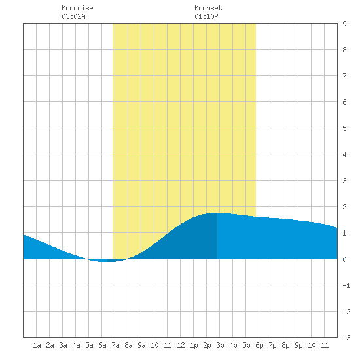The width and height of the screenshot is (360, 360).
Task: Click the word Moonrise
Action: (x=77, y=8)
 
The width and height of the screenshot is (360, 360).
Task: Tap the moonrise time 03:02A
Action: (x=73, y=16)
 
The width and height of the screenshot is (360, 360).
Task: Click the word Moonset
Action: (x=208, y=8)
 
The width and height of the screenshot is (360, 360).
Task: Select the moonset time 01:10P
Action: (x=206, y=16)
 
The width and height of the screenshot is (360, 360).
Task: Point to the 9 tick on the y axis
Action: (x=344, y=24)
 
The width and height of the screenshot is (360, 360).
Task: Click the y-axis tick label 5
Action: (x=344, y=128)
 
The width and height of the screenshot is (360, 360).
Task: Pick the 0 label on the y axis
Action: (x=344, y=259)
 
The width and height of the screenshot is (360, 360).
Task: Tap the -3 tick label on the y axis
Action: (x=346, y=338)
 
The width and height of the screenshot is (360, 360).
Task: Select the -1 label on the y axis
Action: (x=346, y=285)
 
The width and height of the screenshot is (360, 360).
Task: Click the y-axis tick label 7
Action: (x=344, y=76)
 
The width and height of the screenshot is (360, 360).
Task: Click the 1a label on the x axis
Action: (x=37, y=345)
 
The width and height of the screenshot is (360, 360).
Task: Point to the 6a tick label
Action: (x=102, y=345)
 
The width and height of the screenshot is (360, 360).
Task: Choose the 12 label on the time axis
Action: (x=181, y=345)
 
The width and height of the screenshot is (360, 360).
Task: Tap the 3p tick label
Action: (x=220, y=345)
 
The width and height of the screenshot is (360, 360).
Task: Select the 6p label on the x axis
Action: (x=259, y=345)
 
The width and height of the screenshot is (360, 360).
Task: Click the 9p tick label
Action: (x=298, y=345)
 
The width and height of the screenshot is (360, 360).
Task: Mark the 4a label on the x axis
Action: (x=76, y=345)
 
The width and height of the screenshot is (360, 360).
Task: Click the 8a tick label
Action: (x=128, y=345)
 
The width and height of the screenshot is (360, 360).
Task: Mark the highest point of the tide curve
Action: (x=217, y=213)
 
